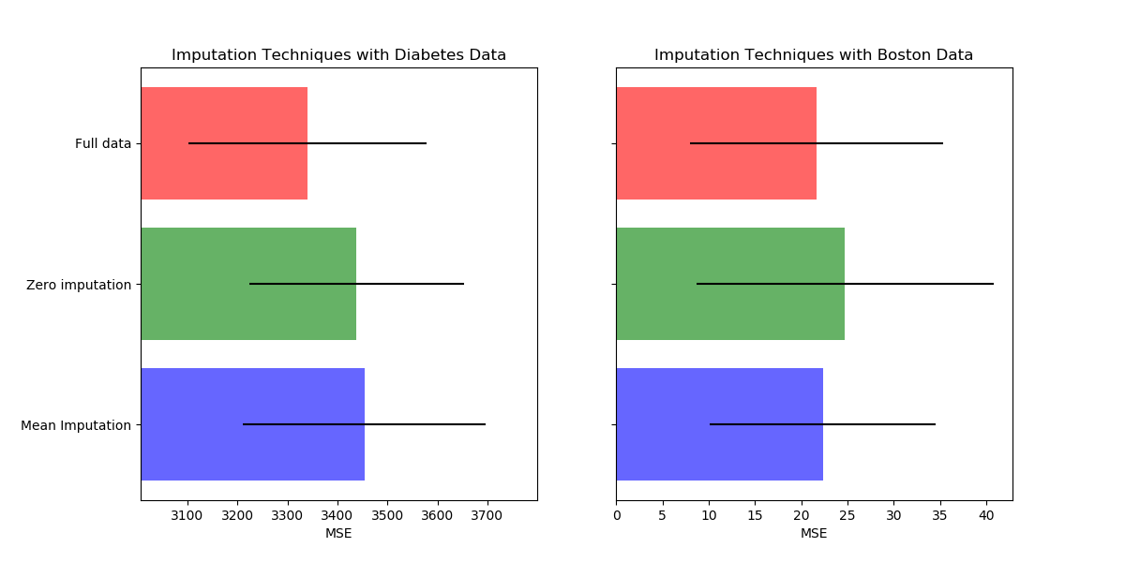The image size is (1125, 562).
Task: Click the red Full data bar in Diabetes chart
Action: point(224,143)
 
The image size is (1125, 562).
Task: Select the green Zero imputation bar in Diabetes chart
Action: point(248,284)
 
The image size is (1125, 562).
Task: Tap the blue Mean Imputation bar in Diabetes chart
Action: point(253,424)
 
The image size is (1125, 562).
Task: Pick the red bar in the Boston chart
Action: point(716,143)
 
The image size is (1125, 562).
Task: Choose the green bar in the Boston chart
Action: point(730,284)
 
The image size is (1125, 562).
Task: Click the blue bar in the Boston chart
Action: point(720,424)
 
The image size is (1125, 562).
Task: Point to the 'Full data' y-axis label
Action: point(103,144)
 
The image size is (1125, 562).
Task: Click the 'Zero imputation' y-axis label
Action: point(79,285)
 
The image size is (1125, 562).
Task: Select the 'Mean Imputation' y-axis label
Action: point(76,425)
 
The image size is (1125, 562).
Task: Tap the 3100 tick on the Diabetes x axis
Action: point(187,516)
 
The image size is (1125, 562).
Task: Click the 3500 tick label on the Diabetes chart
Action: point(387,516)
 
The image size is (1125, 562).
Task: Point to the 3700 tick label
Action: point(487,516)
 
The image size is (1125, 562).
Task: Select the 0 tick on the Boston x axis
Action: point(617,516)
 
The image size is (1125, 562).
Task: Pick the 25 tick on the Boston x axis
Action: point(847,516)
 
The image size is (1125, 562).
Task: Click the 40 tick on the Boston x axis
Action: point(986,516)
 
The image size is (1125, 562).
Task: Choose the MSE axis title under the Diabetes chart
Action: point(338,533)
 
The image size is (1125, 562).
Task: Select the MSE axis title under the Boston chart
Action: point(814,533)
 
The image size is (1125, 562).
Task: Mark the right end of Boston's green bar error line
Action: point(994,284)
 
